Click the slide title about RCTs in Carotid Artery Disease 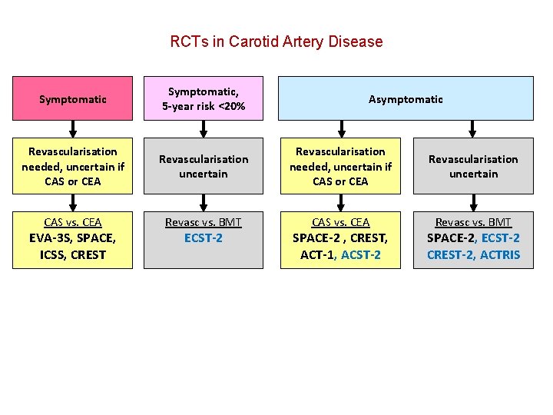coord(276,41)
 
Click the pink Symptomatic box coord(72,98)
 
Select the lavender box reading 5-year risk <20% coord(204,98)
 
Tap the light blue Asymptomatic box coord(406,98)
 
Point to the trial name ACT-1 coord(317,254)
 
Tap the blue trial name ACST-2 coord(360,254)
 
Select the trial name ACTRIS coord(500,254)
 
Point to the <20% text coord(231,106)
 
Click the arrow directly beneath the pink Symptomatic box coord(72,128)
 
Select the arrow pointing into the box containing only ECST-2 coord(204,202)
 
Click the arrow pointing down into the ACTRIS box coord(474,202)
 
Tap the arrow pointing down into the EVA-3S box coord(72,202)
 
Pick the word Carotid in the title coord(263,41)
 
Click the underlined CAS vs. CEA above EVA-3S coord(72,222)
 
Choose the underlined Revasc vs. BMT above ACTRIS coord(473,222)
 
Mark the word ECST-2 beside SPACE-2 coord(500,238)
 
